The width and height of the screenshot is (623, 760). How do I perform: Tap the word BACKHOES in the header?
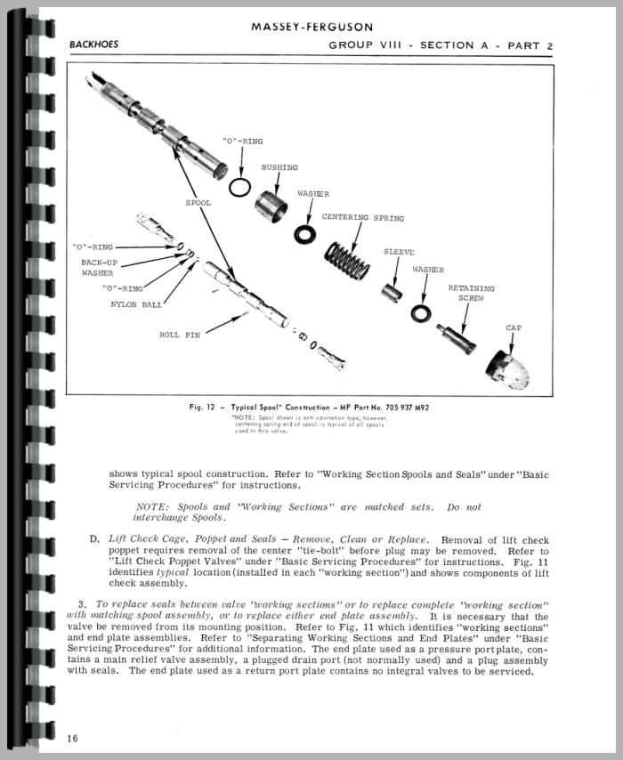(93, 44)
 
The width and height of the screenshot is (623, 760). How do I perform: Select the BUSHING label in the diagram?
(279, 167)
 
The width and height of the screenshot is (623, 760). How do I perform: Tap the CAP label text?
(514, 327)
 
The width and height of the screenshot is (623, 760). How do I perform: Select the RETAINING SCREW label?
(471, 293)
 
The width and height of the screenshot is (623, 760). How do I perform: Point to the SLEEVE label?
(399, 252)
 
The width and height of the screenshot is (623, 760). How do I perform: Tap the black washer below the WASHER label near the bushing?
(303, 233)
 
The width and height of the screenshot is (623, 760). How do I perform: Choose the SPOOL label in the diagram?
(198, 203)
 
